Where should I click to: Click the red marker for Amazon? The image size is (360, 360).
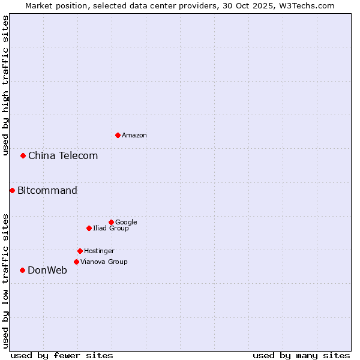click(118, 135)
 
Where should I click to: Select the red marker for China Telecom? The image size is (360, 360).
click(23, 155)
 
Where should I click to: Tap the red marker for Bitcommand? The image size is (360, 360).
click(12, 190)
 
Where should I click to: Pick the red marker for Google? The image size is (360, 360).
click(111, 222)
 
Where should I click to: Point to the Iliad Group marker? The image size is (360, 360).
click(89, 228)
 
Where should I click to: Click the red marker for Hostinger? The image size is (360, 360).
click(80, 251)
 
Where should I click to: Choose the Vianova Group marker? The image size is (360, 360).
click(76, 262)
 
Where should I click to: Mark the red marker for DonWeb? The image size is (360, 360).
click(22, 270)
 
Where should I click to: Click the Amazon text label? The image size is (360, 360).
click(134, 136)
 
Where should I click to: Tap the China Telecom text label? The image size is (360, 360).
click(63, 156)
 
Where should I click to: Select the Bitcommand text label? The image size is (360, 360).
click(47, 191)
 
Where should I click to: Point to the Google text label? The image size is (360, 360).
click(126, 223)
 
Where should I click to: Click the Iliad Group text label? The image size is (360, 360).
click(111, 229)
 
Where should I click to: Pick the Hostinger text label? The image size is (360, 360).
click(99, 251)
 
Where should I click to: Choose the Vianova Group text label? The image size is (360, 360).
click(104, 262)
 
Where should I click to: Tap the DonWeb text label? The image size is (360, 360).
click(47, 271)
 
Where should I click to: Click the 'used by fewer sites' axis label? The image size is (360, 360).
click(62, 355)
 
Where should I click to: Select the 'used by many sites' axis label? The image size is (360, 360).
click(301, 355)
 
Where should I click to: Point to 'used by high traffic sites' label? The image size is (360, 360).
click(5, 85)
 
